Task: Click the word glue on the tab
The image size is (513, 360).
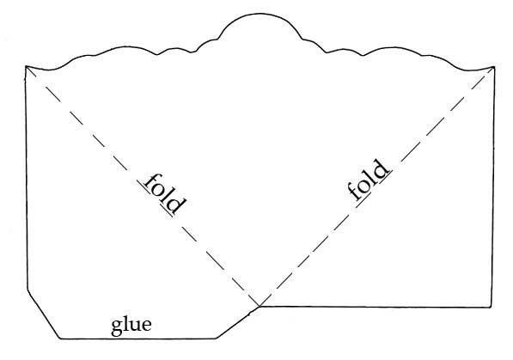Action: coord(131,326)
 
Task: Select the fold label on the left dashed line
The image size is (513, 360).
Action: coord(162,194)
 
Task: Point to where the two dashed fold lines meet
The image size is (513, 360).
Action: coord(260,306)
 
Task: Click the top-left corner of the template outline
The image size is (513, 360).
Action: coord(26,66)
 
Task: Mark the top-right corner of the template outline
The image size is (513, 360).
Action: coord(494,66)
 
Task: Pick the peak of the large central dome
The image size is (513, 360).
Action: coord(260,14)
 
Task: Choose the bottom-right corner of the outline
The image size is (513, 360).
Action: coord(491,307)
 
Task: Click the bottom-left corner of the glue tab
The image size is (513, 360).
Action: coord(60,339)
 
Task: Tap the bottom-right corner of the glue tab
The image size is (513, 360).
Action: coord(217,338)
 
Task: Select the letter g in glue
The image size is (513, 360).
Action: coord(117,328)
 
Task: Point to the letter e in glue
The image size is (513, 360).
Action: coord(147,326)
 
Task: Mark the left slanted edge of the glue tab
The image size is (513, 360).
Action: coord(44,314)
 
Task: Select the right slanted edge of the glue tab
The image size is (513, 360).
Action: coord(238,322)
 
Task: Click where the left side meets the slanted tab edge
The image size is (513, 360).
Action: coord(27,290)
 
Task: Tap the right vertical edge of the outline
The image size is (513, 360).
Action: coord(493,186)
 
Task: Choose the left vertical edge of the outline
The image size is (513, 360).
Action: coord(27,178)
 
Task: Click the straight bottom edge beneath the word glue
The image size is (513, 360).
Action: coord(138,339)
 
